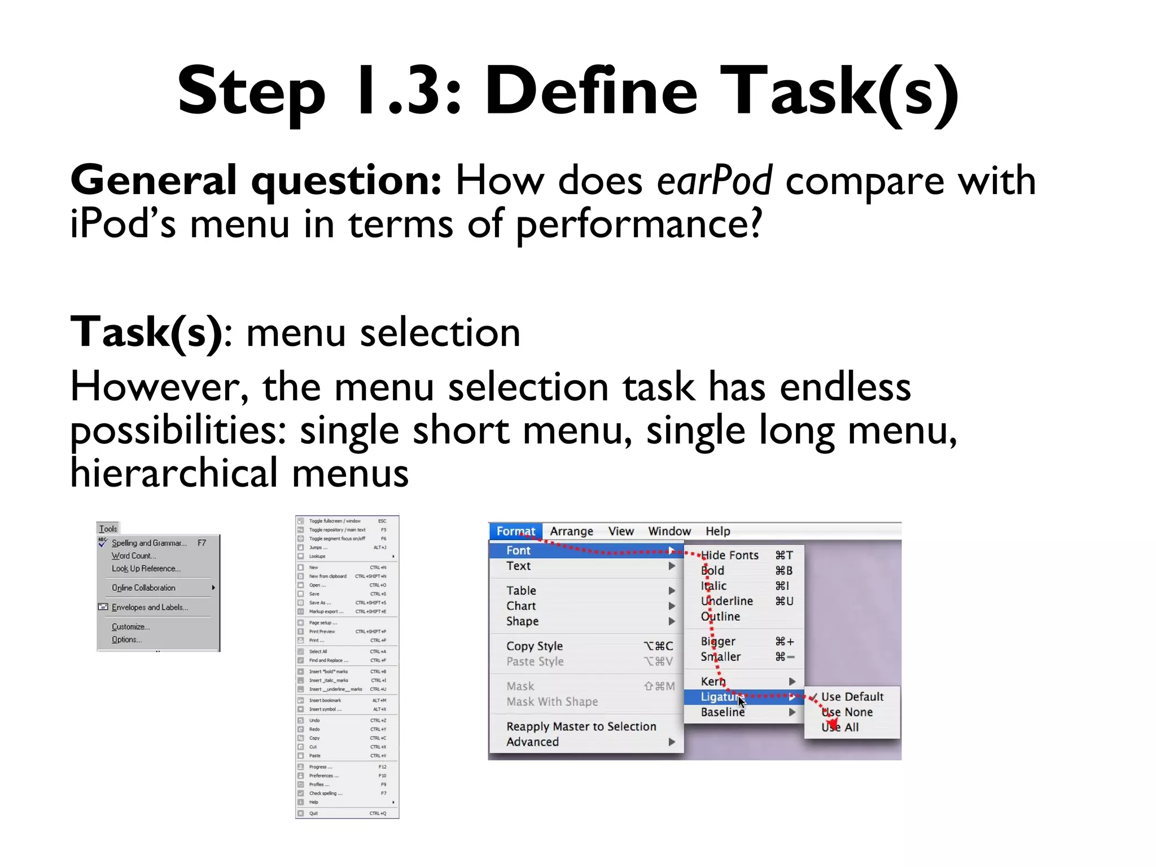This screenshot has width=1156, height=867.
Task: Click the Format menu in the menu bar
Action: point(515,531)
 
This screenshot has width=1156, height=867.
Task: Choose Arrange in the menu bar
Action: point(571,531)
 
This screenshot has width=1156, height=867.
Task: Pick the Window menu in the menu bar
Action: point(669,531)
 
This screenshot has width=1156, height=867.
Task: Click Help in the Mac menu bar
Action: point(717,531)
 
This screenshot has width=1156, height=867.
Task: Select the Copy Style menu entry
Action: point(534,646)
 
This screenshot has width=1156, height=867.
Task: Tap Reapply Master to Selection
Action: point(581,726)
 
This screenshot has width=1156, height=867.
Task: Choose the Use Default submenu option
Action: point(852,697)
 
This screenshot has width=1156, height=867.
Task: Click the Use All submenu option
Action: point(840,728)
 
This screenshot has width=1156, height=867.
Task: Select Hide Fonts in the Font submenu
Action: point(729,555)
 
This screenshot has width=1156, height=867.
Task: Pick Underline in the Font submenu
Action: point(727,601)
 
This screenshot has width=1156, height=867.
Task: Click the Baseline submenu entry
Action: point(722,712)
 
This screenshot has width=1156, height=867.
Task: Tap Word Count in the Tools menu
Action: point(133,556)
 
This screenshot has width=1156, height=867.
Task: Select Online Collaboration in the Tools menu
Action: point(143,588)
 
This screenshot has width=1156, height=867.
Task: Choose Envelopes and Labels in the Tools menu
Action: point(150,607)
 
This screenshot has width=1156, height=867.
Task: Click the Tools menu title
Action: point(108,529)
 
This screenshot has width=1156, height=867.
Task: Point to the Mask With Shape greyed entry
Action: point(552,702)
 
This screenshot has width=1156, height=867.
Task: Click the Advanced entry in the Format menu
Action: point(532,742)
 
